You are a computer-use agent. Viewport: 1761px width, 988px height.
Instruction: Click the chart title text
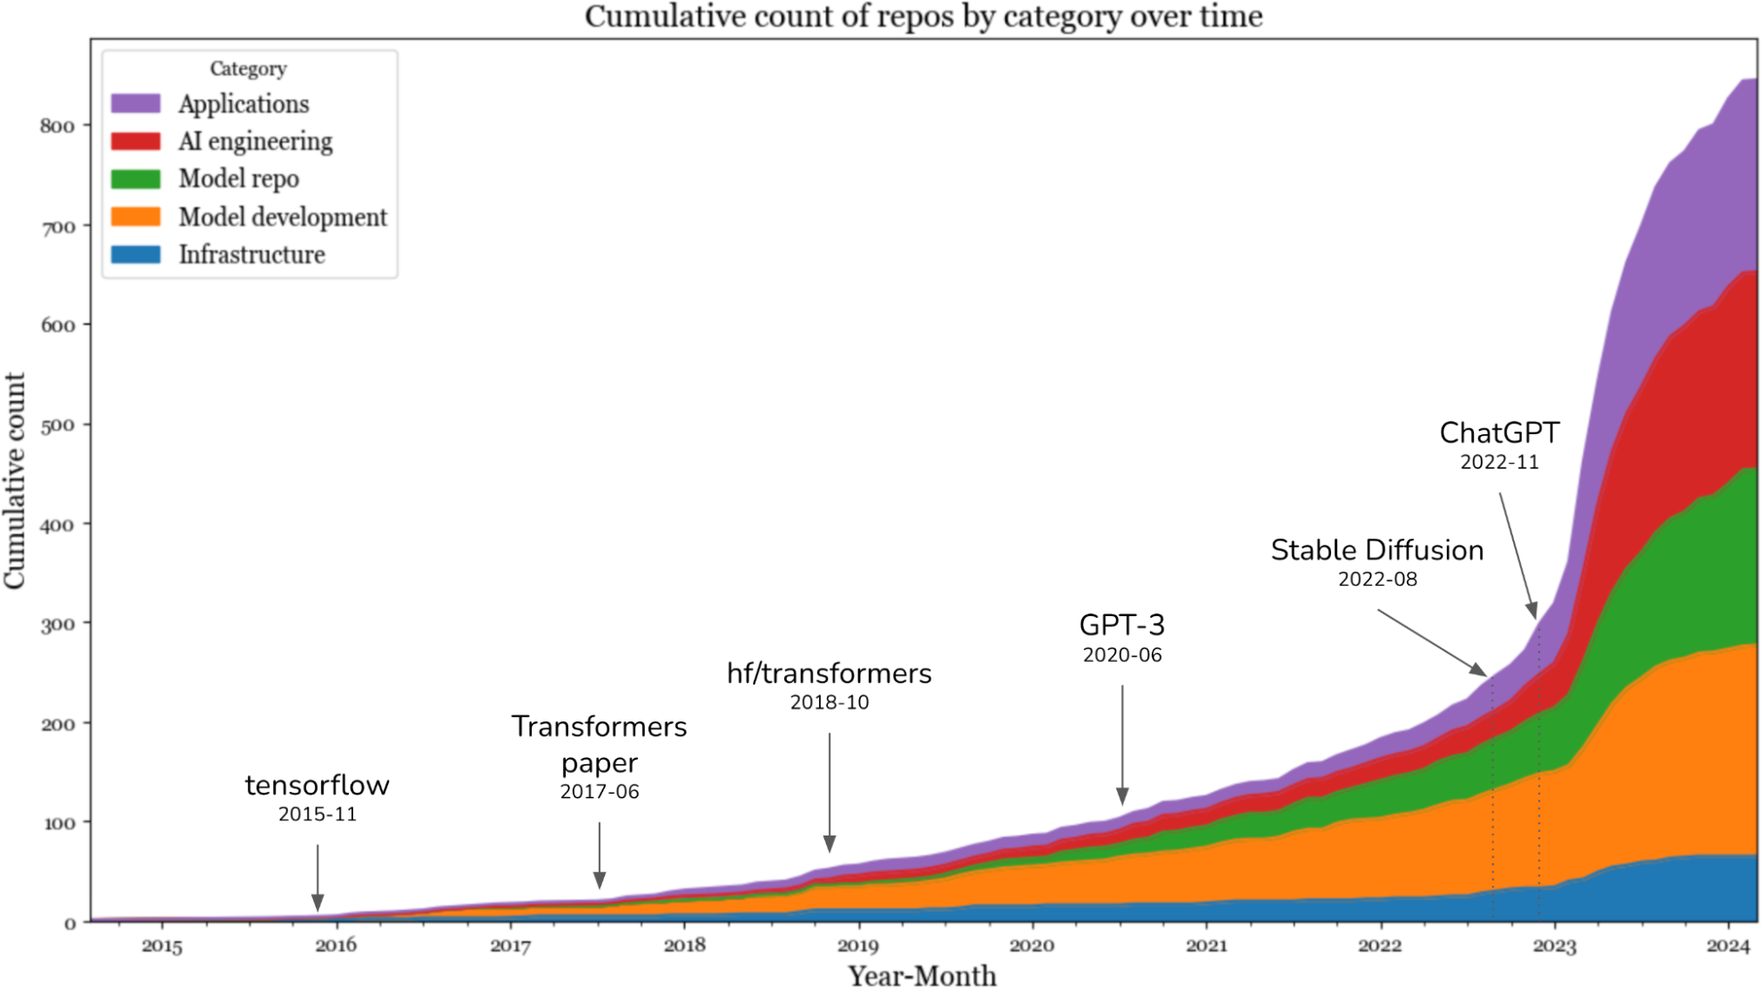pyautogui.click(x=923, y=16)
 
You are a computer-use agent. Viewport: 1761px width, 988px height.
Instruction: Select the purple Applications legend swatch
pyautogui.click(x=136, y=103)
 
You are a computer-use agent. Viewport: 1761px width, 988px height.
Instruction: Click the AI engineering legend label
pyautogui.click(x=255, y=141)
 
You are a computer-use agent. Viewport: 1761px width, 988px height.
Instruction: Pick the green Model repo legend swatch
pyautogui.click(x=136, y=178)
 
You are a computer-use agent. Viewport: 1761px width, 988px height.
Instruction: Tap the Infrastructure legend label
pyautogui.click(x=252, y=254)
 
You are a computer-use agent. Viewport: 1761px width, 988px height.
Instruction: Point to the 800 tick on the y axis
pyautogui.click(x=57, y=126)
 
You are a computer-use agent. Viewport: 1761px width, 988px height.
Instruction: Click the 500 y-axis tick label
pyautogui.click(x=57, y=424)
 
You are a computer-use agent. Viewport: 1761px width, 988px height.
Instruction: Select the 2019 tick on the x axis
pyautogui.click(x=857, y=946)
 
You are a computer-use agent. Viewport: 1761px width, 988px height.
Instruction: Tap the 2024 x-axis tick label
pyautogui.click(x=1728, y=946)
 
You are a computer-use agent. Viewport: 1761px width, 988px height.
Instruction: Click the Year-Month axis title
pyautogui.click(x=922, y=975)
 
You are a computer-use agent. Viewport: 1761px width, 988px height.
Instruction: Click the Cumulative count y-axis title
pyautogui.click(x=15, y=481)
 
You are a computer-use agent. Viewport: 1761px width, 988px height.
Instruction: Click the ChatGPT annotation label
pyautogui.click(x=1499, y=433)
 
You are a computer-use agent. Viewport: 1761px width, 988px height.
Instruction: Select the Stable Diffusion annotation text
pyautogui.click(x=1377, y=550)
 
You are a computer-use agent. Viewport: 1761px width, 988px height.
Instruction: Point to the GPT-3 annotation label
pyautogui.click(x=1121, y=625)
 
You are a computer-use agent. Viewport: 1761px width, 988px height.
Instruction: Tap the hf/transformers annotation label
pyautogui.click(x=829, y=673)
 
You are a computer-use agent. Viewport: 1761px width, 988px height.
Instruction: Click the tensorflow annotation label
pyautogui.click(x=317, y=785)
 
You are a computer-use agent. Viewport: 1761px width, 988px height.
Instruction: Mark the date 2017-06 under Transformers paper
pyautogui.click(x=599, y=792)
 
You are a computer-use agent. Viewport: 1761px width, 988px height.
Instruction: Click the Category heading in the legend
pyautogui.click(x=248, y=69)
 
